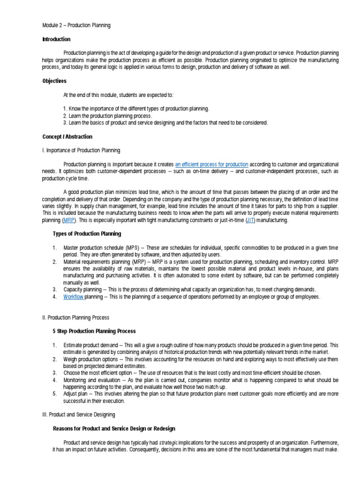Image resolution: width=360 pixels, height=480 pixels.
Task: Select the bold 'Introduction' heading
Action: (56, 39)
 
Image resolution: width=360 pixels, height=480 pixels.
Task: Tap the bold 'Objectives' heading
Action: (54, 81)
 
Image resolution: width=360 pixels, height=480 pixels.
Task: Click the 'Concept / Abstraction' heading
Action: (67, 137)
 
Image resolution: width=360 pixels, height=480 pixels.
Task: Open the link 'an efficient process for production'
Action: (212, 165)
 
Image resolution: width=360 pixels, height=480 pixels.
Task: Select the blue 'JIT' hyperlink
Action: (250, 220)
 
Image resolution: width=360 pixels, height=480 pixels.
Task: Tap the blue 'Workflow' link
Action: (74, 297)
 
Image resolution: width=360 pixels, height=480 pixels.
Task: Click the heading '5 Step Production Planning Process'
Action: (95, 331)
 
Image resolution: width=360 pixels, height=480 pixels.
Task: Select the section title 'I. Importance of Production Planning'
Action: (81, 150)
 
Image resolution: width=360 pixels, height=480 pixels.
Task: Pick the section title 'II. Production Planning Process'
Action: (75, 317)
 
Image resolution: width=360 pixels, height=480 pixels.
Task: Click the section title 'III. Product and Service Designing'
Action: (78, 415)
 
